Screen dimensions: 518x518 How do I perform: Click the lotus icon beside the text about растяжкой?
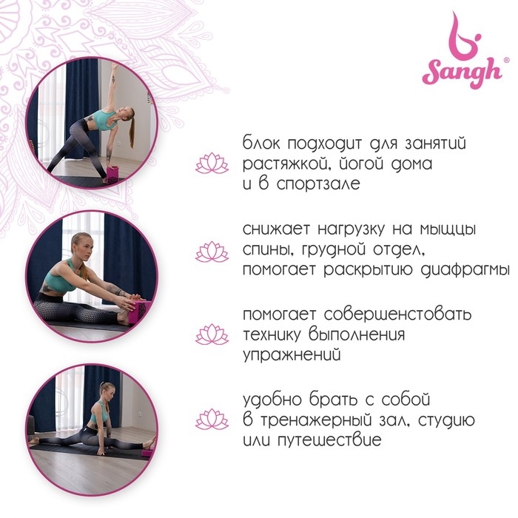coord(212,164)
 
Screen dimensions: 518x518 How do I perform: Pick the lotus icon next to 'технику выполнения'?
coord(212,334)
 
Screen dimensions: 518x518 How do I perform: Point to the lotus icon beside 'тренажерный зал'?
coord(212,420)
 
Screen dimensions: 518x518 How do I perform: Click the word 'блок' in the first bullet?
coord(261,143)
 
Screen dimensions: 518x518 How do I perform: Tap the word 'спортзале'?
coord(318,184)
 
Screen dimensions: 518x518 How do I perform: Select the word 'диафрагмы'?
coord(465,270)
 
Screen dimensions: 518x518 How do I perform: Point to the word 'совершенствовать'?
coord(397,314)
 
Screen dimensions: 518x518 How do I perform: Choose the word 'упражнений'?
coord(292,355)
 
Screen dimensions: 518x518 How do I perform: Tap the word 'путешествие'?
coord(329,440)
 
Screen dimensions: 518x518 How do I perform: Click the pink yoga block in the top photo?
coord(112,174)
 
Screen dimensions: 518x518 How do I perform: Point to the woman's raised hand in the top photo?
coord(115,65)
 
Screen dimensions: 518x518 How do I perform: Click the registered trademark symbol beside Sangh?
coord(505,60)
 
